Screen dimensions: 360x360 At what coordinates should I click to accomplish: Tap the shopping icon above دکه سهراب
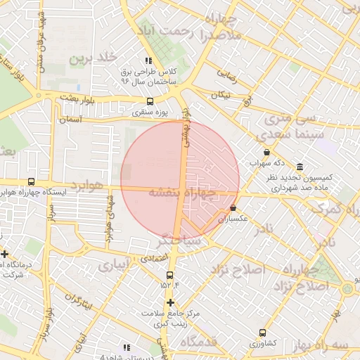coord(266,152)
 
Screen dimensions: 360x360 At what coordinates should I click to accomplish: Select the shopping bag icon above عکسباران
coord(233,208)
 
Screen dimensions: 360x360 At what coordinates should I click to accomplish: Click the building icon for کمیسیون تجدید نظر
coord(300,167)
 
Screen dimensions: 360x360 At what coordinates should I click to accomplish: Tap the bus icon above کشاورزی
coord(262,333)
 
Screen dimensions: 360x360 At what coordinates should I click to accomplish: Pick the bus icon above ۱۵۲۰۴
coord(169,275)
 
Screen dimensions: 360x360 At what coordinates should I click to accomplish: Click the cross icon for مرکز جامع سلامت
coord(169,302)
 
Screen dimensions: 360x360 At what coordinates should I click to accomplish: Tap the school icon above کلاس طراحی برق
coord(148,61)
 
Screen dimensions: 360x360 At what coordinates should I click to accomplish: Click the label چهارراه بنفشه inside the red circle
coord(181,193)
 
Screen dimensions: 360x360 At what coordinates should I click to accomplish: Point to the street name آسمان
coord(72,120)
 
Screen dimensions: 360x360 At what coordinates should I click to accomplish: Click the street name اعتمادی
coord(153,259)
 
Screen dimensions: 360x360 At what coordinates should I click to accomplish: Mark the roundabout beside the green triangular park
coord(347,288)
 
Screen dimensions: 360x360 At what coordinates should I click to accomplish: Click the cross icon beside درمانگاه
coord(5,254)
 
